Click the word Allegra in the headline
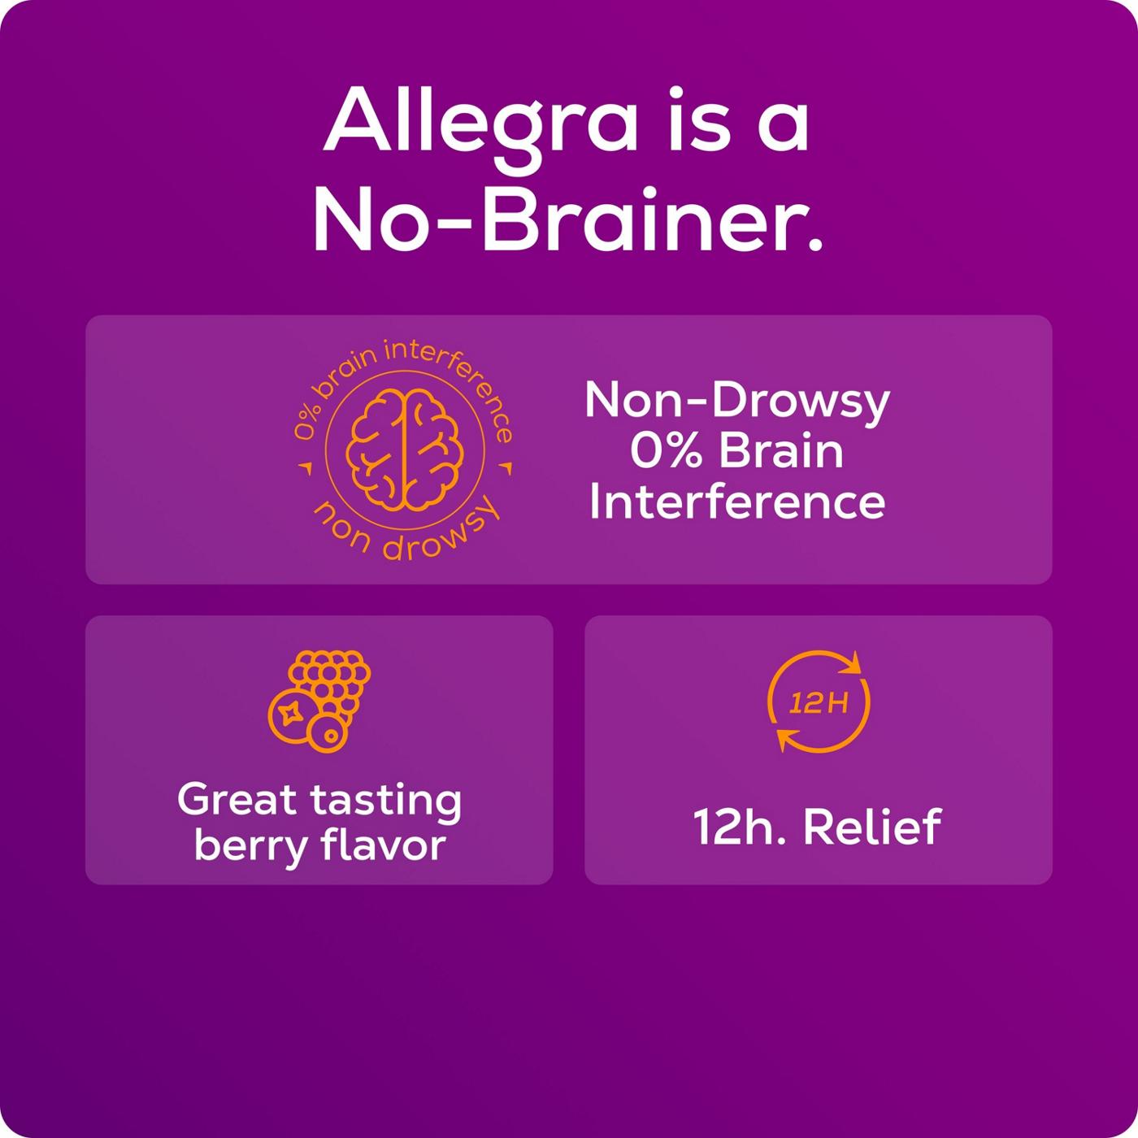(480, 120)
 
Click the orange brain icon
(405, 450)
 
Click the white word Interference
(737, 502)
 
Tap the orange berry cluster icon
(319, 701)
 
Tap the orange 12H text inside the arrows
(819, 703)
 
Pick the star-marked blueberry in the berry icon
(292, 714)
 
